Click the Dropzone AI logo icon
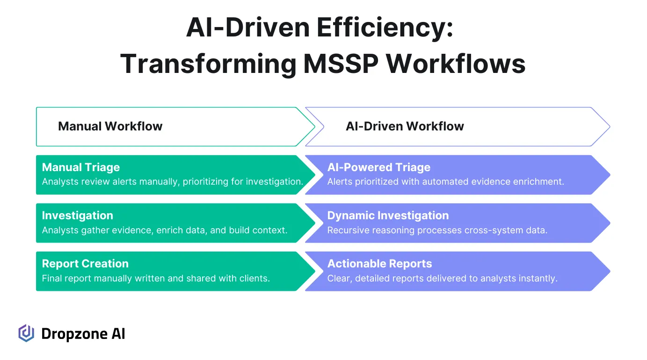tap(26, 333)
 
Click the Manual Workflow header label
tap(110, 126)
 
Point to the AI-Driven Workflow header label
tap(405, 126)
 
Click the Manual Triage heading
tap(81, 167)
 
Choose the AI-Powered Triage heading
tap(378, 167)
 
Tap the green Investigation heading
tap(77, 216)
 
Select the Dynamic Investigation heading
tap(388, 216)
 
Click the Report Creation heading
tap(85, 264)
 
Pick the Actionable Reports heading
tap(379, 264)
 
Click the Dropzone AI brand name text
tap(83, 334)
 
